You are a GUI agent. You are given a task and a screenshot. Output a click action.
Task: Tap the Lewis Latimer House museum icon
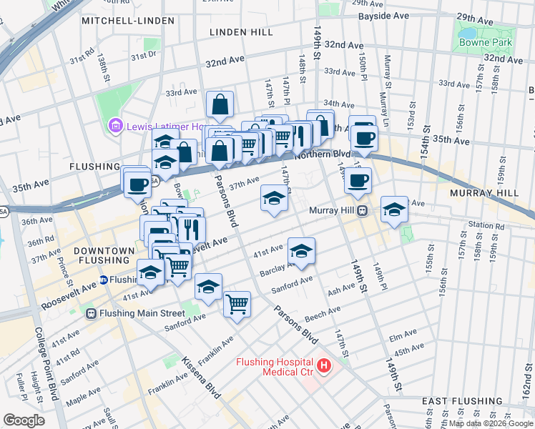click(x=114, y=127)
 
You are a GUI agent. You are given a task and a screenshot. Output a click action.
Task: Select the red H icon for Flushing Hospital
click(x=324, y=366)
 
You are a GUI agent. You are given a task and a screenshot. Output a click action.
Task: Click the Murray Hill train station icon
click(x=363, y=210)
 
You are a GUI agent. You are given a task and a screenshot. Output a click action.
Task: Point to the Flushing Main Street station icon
click(x=92, y=313)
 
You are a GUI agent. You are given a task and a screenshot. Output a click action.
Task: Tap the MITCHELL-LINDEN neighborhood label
click(x=127, y=21)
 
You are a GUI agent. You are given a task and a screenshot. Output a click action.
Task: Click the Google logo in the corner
click(x=24, y=420)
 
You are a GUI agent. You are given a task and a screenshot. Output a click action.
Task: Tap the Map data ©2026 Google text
click(x=491, y=423)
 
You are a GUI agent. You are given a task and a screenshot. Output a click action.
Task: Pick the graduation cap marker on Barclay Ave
click(x=301, y=251)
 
